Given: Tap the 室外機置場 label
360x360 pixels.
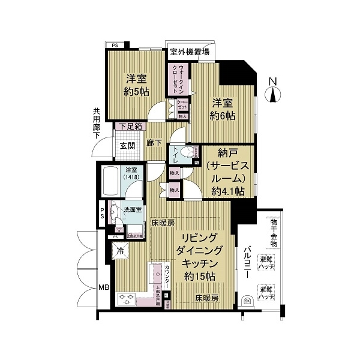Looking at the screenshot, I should tap(189, 52).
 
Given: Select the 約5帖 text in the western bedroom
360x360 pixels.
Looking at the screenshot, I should tap(137, 91).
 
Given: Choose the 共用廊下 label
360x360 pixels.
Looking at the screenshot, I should tap(96, 123).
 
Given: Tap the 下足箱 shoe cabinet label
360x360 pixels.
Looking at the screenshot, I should tap(130, 127).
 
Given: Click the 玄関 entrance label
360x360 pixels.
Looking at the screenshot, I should tap(126, 146).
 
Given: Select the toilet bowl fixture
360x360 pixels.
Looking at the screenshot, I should tap(191, 152).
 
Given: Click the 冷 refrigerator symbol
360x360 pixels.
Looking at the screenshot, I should tap(121, 251).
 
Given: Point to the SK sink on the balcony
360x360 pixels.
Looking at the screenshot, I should tap(247, 300).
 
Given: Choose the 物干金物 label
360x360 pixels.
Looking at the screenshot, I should tap(274, 230).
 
